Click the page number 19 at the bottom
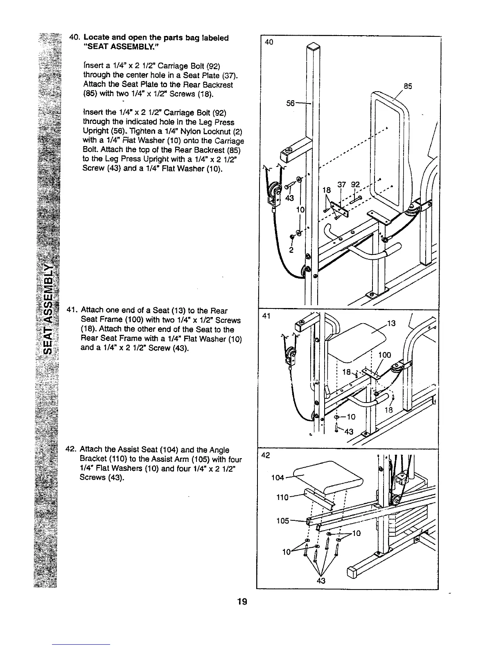242,601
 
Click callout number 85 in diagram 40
407,86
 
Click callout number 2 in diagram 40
291,250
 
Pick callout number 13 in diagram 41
391,324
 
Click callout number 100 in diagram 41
384,355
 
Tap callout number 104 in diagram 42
278,478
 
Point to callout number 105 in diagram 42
283,521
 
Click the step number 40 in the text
74,38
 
